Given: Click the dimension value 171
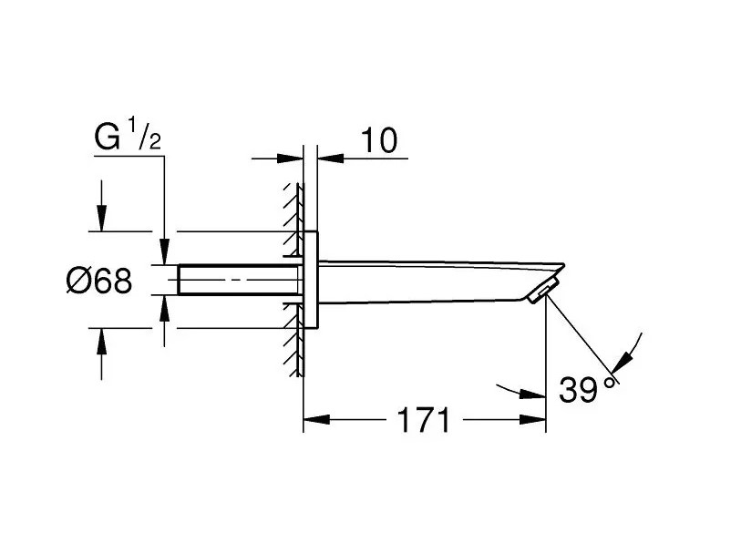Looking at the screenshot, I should point(423,421).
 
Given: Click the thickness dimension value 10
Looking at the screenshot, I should point(378,140).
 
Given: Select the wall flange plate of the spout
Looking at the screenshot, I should point(311,280).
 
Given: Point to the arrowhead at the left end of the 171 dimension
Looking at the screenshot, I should point(312,421).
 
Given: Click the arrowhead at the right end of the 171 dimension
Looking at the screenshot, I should point(536,421).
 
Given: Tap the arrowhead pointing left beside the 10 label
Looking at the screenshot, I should point(327,158).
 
